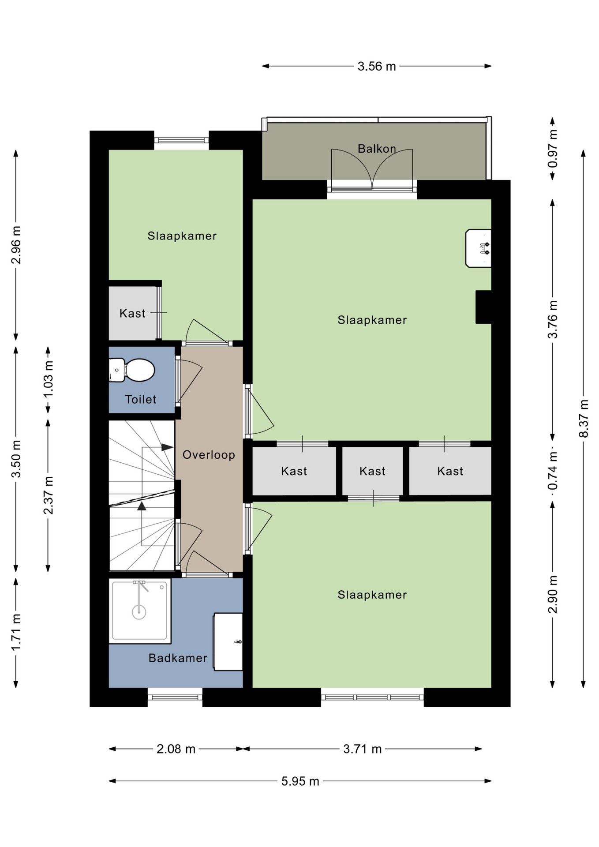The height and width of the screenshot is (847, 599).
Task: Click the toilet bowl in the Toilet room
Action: click(x=139, y=370)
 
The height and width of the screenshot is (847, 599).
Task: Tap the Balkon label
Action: click(x=377, y=149)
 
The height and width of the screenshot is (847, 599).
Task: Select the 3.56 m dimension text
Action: click(x=377, y=66)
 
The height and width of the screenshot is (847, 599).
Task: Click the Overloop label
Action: click(x=209, y=455)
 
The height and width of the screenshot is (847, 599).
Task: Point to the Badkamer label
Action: click(x=178, y=658)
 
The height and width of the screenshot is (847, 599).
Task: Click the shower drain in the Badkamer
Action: click(x=139, y=612)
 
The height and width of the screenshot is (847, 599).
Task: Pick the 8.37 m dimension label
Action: click(x=584, y=418)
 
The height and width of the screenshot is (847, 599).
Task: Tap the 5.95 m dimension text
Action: click(x=300, y=781)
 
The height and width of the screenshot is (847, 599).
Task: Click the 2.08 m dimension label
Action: click(x=176, y=749)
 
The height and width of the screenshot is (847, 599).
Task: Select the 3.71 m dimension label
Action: click(x=363, y=749)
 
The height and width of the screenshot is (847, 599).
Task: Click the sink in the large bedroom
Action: click(x=478, y=248)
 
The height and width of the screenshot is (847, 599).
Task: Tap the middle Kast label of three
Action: click(x=372, y=471)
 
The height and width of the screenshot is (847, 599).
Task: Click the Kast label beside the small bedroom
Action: click(x=132, y=313)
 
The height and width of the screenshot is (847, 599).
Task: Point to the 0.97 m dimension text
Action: click(x=552, y=149)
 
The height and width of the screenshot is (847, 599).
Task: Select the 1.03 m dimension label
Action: click(x=48, y=379)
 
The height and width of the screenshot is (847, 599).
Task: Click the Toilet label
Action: click(x=141, y=399)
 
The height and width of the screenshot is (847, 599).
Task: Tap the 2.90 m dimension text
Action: click(x=552, y=594)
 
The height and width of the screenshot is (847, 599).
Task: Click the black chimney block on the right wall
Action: click(x=483, y=307)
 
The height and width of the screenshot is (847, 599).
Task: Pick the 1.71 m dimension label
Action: click(x=16, y=632)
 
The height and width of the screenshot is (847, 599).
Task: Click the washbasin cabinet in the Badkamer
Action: click(x=228, y=642)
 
